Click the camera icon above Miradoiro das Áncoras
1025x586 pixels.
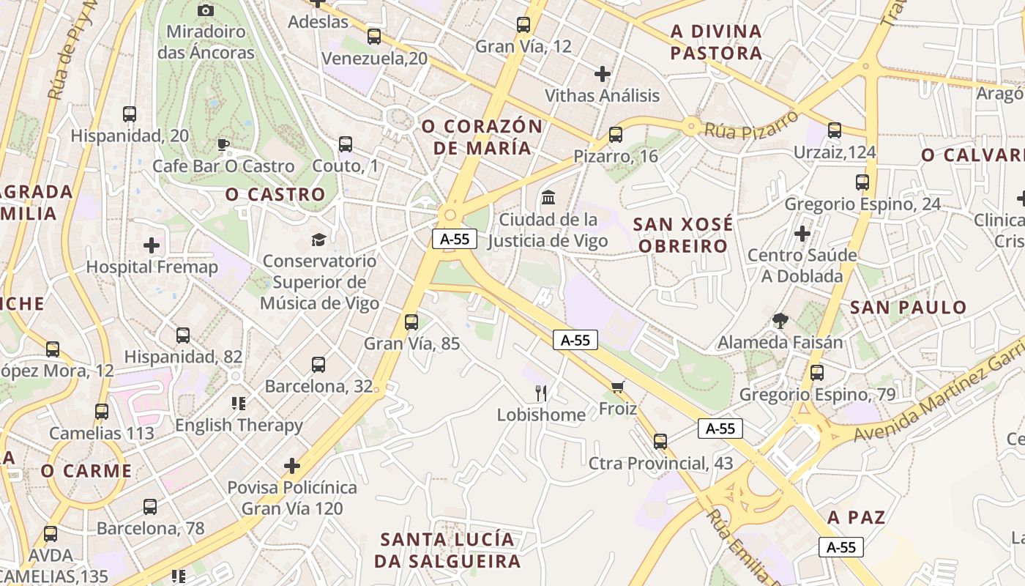coord(206,10)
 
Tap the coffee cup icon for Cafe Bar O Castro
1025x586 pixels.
coord(223,144)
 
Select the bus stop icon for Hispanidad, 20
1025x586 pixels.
coord(130,114)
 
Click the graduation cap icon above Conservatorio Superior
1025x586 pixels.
coord(318,240)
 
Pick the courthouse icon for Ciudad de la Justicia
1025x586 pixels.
coord(548,197)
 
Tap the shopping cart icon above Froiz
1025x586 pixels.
coord(618,386)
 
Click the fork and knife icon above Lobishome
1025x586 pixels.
coord(541,393)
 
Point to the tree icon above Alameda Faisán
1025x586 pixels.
coord(780,320)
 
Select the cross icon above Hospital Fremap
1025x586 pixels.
coord(152,245)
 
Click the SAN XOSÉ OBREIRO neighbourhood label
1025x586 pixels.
coord(683,235)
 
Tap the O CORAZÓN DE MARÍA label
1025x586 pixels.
coord(482,137)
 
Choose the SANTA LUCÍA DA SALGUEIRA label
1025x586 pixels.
coord(447,551)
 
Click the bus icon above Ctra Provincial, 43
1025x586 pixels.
coord(660,441)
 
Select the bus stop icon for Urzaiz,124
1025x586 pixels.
coord(835,130)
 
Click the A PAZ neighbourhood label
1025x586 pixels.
coord(857,518)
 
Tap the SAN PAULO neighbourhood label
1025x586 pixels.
coord(909,308)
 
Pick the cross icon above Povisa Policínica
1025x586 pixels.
coord(292,465)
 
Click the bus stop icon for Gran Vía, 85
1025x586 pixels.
coord(411,322)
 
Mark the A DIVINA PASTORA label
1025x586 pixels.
coord(716,42)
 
